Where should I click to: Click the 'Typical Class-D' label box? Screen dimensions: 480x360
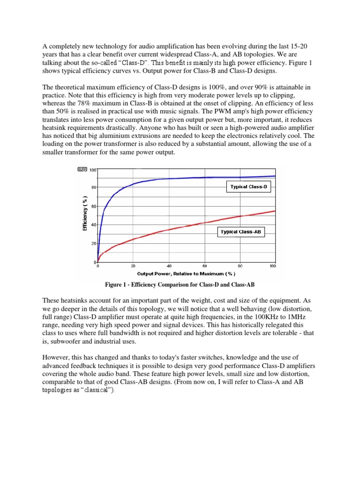pyautogui.click(x=248, y=187)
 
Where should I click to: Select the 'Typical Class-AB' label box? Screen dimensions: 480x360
pyautogui.click(x=241, y=232)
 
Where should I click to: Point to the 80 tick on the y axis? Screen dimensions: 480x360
pyautogui.click(x=94, y=187)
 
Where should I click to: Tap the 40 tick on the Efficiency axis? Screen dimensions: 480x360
pyautogui.click(x=94, y=225)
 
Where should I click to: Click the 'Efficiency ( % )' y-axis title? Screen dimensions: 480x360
pyautogui.click(x=85, y=213)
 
